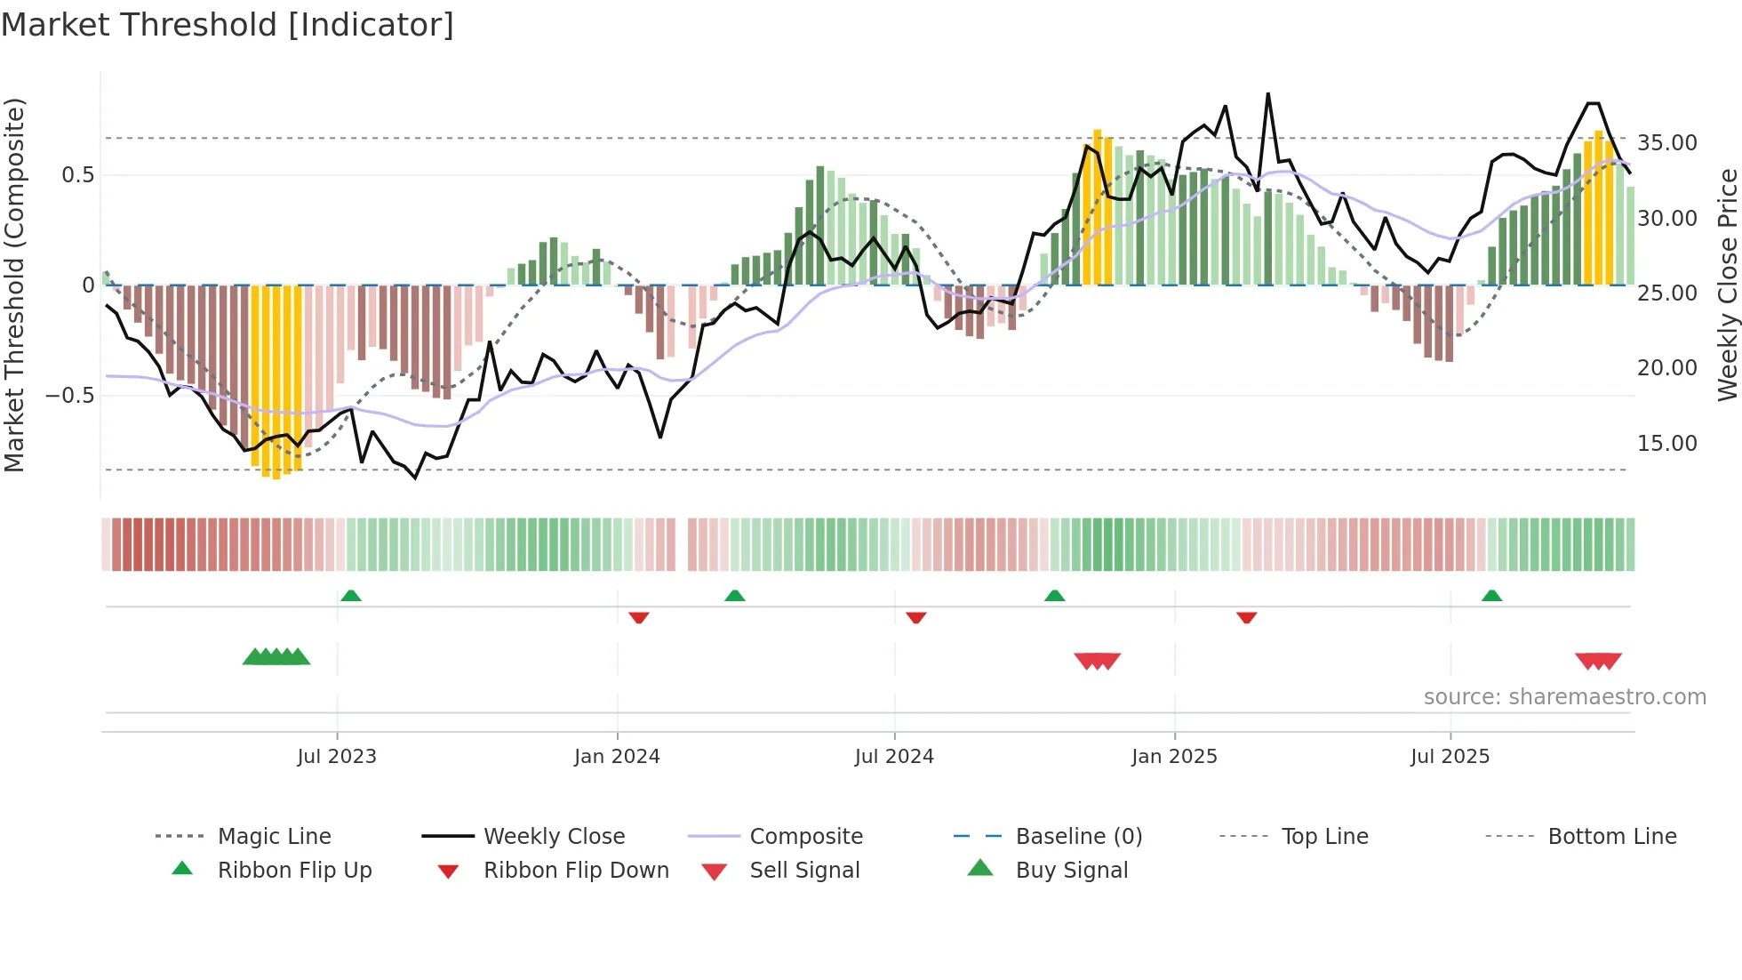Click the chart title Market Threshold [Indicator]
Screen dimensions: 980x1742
click(228, 25)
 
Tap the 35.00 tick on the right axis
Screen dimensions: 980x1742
click(1666, 143)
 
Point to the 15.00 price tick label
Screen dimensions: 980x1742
click(1666, 444)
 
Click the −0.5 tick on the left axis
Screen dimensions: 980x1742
click(69, 396)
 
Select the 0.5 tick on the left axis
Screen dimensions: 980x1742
click(77, 175)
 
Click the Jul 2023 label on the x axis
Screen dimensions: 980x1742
click(337, 757)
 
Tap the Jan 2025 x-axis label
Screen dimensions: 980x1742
click(1174, 757)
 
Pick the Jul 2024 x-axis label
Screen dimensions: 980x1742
click(894, 757)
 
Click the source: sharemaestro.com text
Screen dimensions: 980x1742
click(1564, 697)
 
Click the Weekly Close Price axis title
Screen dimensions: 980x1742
click(1727, 285)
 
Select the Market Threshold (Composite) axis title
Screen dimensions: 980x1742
click(14, 285)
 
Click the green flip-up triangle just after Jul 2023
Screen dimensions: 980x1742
click(351, 596)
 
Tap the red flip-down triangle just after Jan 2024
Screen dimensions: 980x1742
click(638, 617)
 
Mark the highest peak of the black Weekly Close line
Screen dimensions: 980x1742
click(1267, 93)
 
